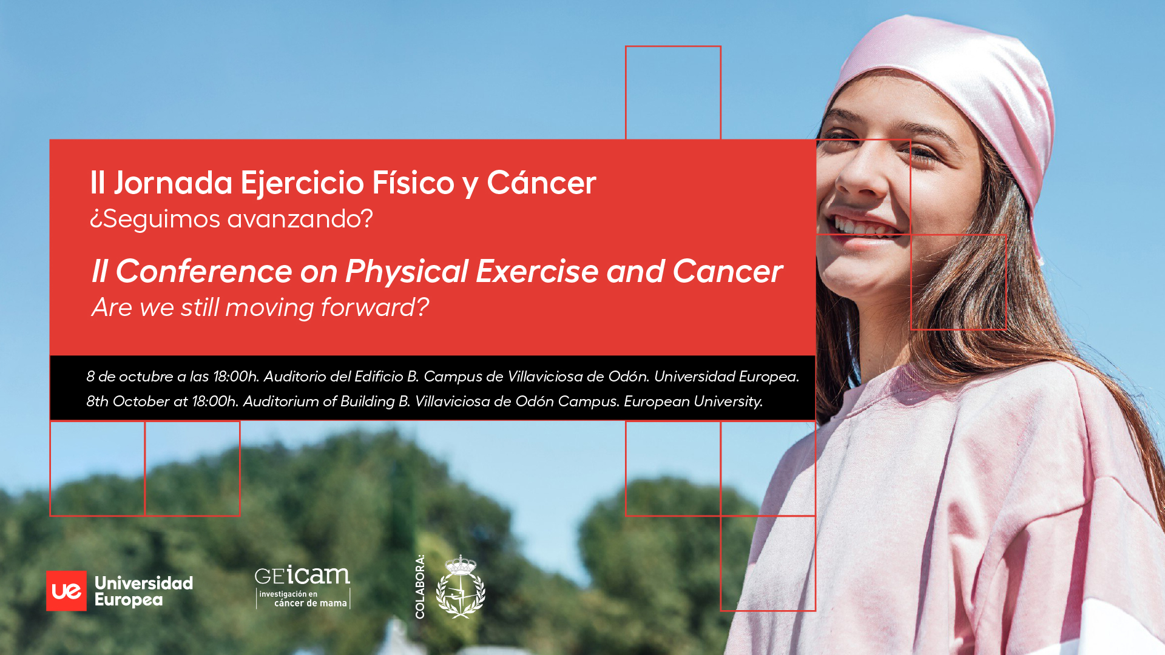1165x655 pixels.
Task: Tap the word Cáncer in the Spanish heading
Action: pyautogui.click(x=541, y=183)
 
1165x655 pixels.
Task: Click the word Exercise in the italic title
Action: pyautogui.click(x=537, y=271)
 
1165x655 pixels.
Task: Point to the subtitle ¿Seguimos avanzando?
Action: pyautogui.click(x=231, y=220)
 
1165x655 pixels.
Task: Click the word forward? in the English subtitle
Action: pyautogui.click(x=374, y=307)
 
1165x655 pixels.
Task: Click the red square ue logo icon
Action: pyautogui.click(x=66, y=591)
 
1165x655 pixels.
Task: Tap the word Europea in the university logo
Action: pyautogui.click(x=129, y=600)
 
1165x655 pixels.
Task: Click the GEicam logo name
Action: pyautogui.click(x=302, y=575)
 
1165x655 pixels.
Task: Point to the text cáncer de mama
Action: pyautogui.click(x=311, y=603)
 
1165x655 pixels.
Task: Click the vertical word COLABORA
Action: pyautogui.click(x=420, y=587)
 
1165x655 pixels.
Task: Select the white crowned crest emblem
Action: pyautogui.click(x=461, y=586)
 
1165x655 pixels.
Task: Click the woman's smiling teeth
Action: pyautogui.click(x=865, y=227)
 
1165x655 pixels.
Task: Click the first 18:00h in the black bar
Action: pyautogui.click(x=237, y=377)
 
